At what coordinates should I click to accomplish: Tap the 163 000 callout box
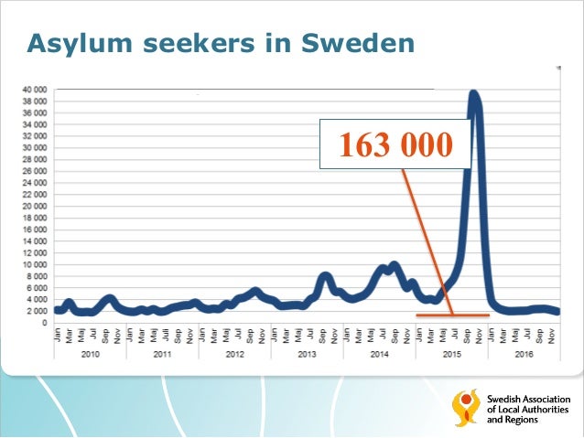tap(394, 144)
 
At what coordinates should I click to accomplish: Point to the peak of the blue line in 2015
tap(474, 93)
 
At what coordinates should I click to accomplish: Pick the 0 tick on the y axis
tap(43, 323)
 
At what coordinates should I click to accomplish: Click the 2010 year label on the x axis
tap(89, 353)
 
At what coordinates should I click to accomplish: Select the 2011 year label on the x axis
tap(161, 353)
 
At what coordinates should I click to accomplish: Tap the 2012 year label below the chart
tap(233, 353)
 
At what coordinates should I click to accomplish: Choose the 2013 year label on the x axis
tap(306, 353)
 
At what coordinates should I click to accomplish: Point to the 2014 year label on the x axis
tap(378, 353)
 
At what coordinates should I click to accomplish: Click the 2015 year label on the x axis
tap(450, 353)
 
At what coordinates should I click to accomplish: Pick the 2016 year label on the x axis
tap(523, 353)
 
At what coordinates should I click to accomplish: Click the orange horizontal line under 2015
tap(452, 315)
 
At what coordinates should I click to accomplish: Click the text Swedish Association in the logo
tap(528, 400)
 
